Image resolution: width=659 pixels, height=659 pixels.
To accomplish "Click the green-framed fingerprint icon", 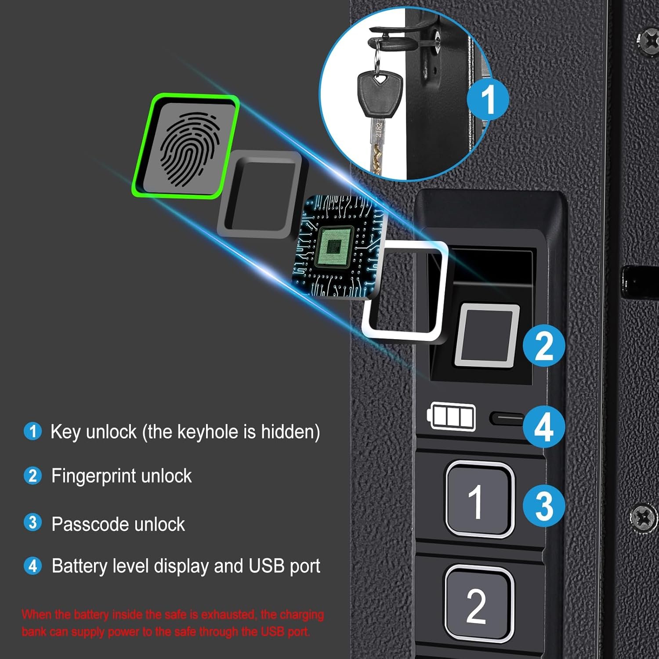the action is coord(186,146).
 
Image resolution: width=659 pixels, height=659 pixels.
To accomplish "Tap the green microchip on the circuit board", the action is coord(335,247).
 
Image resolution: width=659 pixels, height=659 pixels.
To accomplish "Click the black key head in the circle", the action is coord(380,94).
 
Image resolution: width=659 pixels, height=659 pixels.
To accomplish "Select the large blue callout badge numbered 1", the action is coord(488,98).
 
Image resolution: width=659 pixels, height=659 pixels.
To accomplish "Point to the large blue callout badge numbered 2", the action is coord(544,346).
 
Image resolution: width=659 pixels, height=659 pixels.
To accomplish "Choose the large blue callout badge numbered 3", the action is coord(544,505).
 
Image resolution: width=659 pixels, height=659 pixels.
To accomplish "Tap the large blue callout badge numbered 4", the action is coord(544,427).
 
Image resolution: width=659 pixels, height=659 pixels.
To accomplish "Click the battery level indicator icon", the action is coord(451,416).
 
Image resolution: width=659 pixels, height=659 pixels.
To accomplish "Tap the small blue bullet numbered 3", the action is coord(33,523).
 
